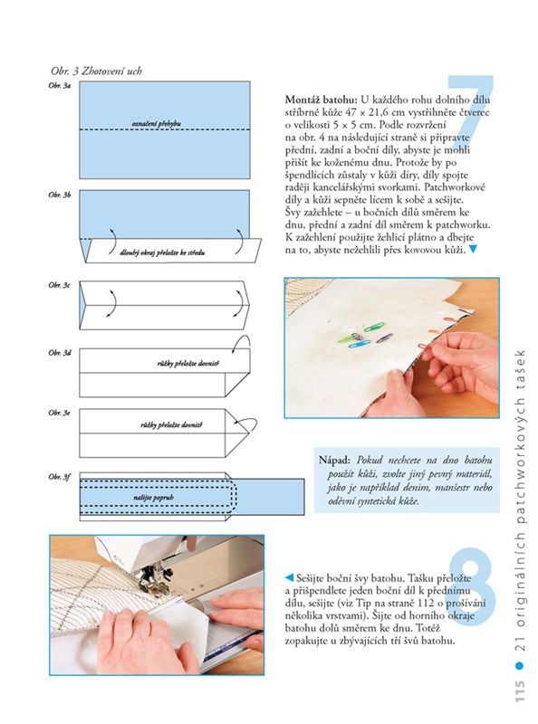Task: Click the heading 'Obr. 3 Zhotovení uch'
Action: pyautogui.click(x=96, y=71)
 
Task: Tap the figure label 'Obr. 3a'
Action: pyautogui.click(x=60, y=85)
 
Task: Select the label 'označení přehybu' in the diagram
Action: pyautogui.click(x=156, y=124)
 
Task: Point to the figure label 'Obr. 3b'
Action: pyautogui.click(x=60, y=195)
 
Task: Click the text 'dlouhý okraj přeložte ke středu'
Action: pyautogui.click(x=162, y=252)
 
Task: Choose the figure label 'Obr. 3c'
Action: pyautogui.click(x=59, y=285)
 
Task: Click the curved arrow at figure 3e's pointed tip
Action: pyautogui.click(x=245, y=424)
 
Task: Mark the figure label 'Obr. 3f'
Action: pyautogui.click(x=59, y=477)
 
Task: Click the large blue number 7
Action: pyautogui.click(x=469, y=113)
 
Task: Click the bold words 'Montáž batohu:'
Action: pyautogui.click(x=322, y=100)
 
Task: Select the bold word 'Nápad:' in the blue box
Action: pyautogui.click(x=334, y=461)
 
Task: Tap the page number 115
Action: pyautogui.click(x=520, y=691)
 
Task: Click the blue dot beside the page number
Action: pyautogui.click(x=520, y=665)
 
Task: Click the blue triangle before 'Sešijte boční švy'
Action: pyautogui.click(x=289, y=577)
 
